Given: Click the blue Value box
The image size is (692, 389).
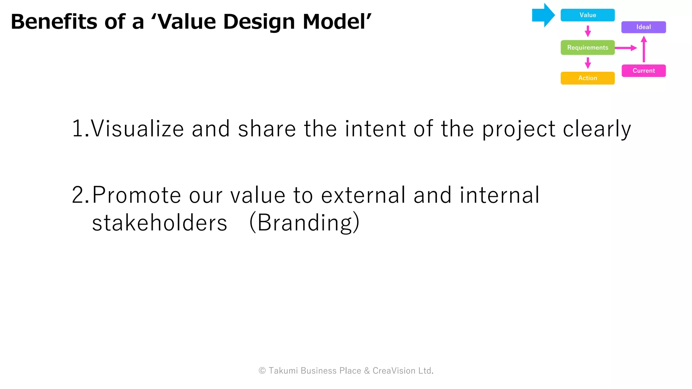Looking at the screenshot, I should [x=587, y=15].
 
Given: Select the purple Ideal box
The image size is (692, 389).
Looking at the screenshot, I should [x=643, y=27].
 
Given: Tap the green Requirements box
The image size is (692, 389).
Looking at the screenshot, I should [x=587, y=48].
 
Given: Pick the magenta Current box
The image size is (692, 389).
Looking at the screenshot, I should [x=643, y=71].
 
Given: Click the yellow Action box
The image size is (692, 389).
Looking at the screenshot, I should [x=587, y=78].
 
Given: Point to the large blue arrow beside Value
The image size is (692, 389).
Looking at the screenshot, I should [x=543, y=15].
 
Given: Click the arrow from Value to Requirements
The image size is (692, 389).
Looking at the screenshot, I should [x=588, y=31].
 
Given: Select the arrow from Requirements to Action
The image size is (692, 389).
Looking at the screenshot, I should [x=588, y=63].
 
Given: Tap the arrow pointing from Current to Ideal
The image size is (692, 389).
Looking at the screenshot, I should [x=644, y=49].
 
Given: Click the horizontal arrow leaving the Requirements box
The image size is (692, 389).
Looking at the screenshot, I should [x=625, y=48].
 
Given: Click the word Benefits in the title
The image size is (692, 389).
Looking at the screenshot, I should [x=54, y=22].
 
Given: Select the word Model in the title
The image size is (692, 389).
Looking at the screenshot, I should [x=335, y=22].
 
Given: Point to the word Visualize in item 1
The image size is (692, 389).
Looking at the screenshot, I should [x=137, y=129].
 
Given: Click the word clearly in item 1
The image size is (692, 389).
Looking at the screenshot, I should [x=597, y=129].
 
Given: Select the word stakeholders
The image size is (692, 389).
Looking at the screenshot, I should [x=159, y=223].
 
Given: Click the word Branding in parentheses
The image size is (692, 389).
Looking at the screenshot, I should [x=304, y=223].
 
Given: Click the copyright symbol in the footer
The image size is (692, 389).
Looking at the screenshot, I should [x=262, y=371].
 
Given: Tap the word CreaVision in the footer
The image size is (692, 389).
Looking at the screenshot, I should [x=394, y=371].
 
